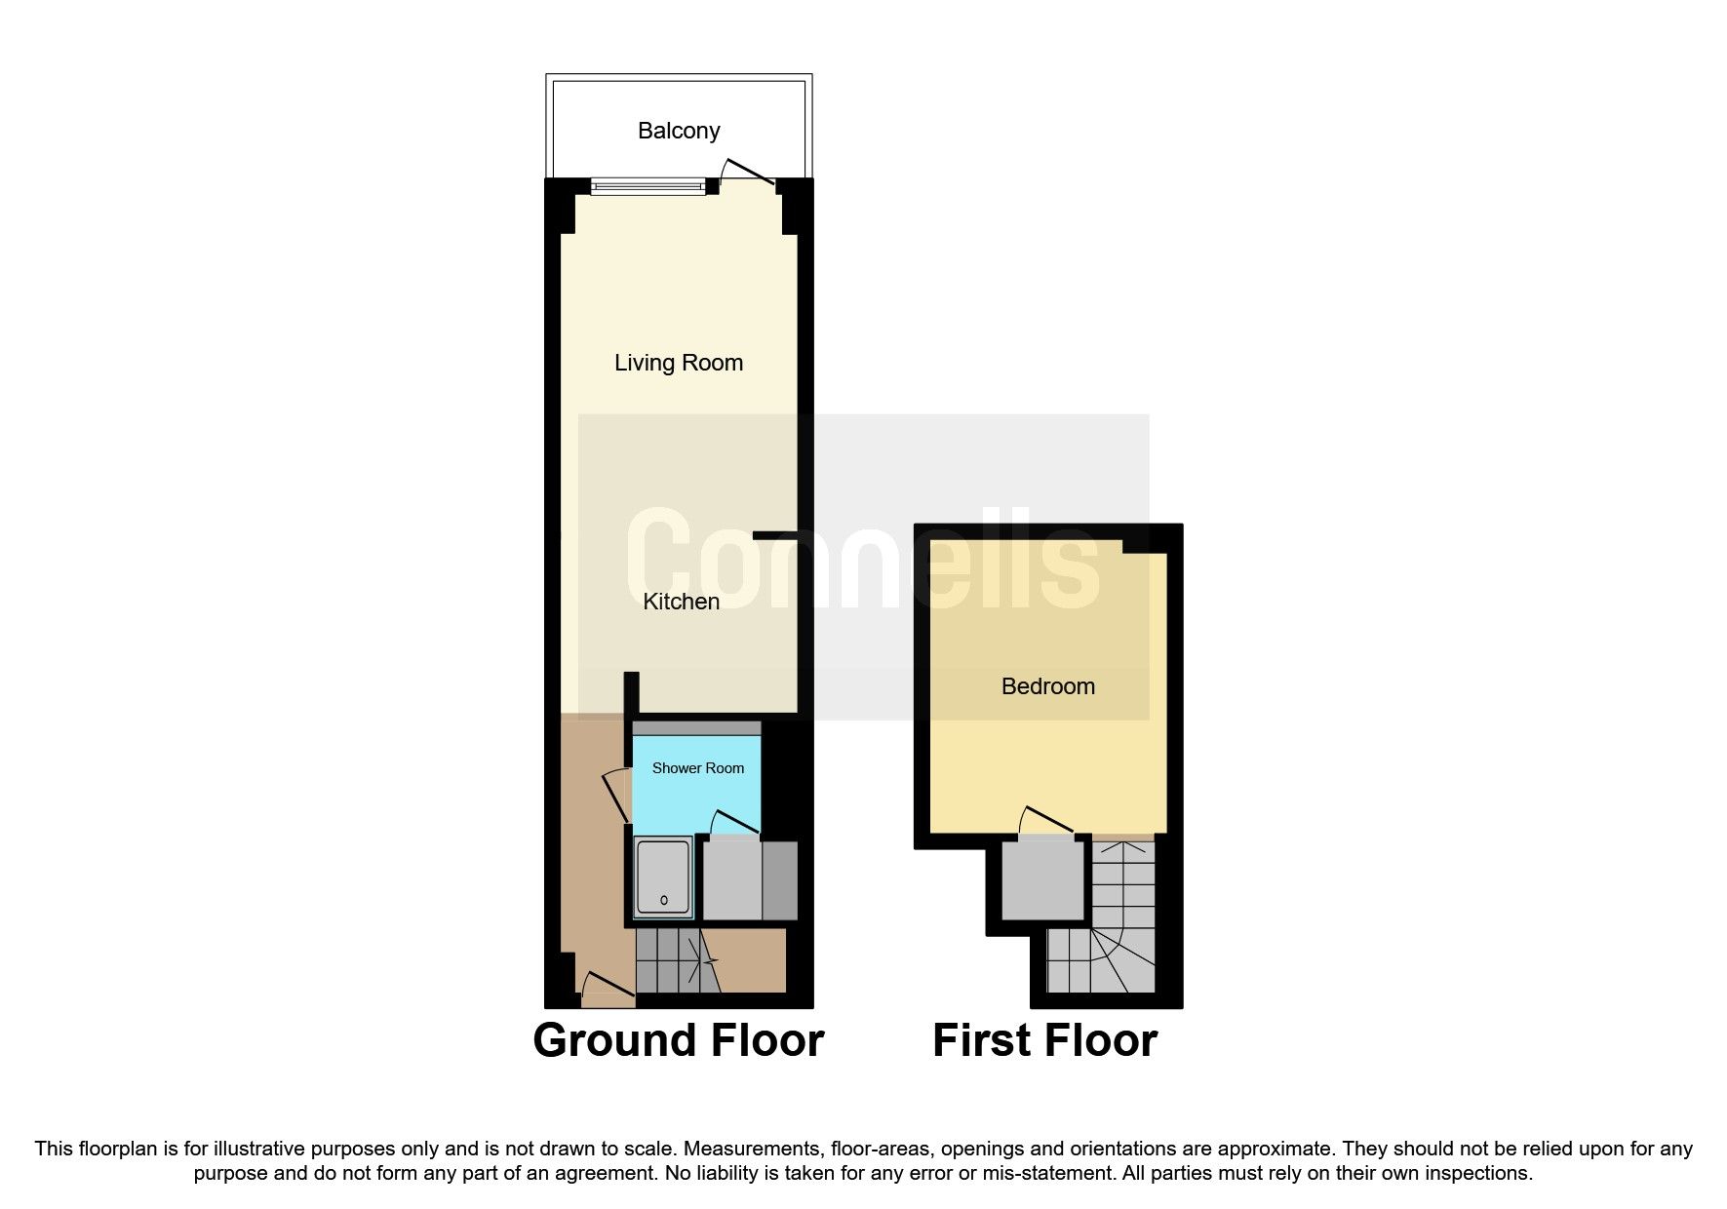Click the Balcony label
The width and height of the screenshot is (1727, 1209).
pyautogui.click(x=679, y=131)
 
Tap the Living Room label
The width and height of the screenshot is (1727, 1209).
pyautogui.click(x=679, y=363)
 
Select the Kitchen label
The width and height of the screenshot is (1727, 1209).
pyautogui.click(x=681, y=602)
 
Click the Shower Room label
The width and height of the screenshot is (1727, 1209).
pyautogui.click(x=697, y=768)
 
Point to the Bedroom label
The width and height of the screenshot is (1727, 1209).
pyautogui.click(x=1047, y=686)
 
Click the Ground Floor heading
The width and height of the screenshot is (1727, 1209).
pyautogui.click(x=678, y=1040)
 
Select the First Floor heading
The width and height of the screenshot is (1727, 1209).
pyautogui.click(x=1044, y=1040)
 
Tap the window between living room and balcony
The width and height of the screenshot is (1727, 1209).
pyautogui.click(x=648, y=185)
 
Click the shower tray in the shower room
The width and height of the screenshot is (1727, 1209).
pyautogui.click(x=663, y=877)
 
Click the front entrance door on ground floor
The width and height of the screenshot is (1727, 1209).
pyautogui.click(x=606, y=988)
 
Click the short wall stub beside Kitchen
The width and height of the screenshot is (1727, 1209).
pyautogui.click(x=775, y=534)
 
